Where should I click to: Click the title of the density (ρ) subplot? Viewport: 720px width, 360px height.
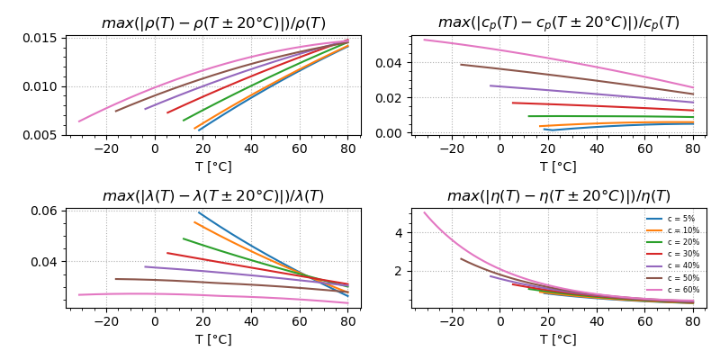[213, 23]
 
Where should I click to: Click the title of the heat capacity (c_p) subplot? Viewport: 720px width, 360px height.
[558, 23]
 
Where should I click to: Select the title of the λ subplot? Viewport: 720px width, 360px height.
[213, 196]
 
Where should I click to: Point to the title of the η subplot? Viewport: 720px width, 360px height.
[558, 196]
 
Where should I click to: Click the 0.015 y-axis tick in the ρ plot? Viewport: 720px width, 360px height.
[41, 39]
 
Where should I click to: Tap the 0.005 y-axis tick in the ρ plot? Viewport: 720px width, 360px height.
[41, 135]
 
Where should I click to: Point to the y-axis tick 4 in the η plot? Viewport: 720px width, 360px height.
[400, 232]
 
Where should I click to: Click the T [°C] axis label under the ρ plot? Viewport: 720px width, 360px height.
[213, 166]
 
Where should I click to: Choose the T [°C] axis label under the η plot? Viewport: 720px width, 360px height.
[558, 339]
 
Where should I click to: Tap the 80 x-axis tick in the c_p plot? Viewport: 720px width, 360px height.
[693, 148]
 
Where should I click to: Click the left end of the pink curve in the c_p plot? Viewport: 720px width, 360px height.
[424, 39]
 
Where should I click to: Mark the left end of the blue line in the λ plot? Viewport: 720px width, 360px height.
[198, 212]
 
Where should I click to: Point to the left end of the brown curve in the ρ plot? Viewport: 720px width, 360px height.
[115, 112]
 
